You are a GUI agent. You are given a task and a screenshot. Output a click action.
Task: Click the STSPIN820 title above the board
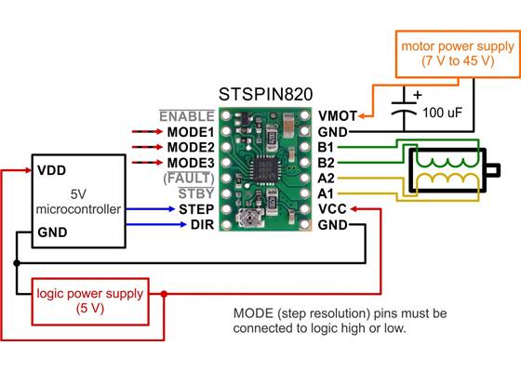pos(265,94)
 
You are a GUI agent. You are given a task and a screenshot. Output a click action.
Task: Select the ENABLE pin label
pos(187,116)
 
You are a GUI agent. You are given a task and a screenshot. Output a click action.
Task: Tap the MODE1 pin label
pos(191,132)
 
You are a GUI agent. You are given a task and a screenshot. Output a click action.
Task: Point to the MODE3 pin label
pos(191,163)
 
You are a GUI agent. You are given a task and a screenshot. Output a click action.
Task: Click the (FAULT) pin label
pos(190,178)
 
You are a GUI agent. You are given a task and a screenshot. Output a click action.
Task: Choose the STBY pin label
pos(196,193)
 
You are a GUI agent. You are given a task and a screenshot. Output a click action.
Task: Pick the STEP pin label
pos(196,209)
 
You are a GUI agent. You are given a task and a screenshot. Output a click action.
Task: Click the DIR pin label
pos(202,224)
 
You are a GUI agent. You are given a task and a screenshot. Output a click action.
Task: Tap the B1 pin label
pos(326,147)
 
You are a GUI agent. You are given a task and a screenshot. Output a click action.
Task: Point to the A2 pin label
pos(326,178)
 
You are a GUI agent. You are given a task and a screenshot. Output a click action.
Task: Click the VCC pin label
pos(331,209)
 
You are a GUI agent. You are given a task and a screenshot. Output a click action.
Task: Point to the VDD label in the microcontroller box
pos(51,171)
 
